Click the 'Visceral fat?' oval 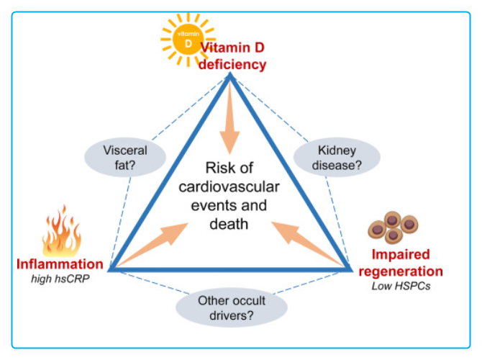126,158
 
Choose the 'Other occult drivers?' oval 232,307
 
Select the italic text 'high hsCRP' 60,279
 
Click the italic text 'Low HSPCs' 401,286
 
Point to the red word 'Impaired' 401,256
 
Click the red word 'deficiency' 233,65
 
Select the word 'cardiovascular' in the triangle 231,188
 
